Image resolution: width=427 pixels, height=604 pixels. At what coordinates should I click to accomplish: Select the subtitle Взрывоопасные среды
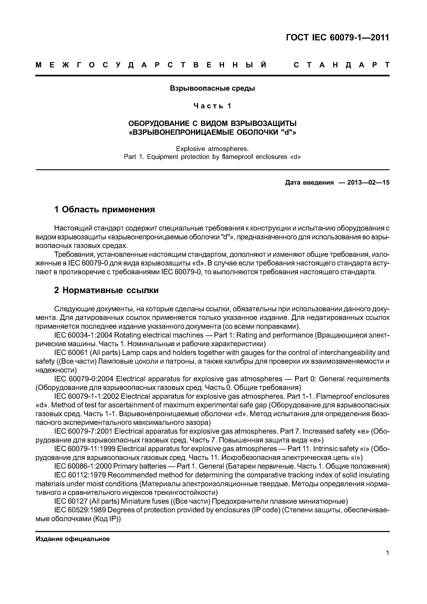pos(212,88)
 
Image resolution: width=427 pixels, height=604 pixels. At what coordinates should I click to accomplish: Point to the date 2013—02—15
pos(368,183)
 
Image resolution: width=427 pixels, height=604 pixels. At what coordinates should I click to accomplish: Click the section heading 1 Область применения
pos(104,210)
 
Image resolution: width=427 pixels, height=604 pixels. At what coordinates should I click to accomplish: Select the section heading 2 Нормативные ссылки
pos(106,290)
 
